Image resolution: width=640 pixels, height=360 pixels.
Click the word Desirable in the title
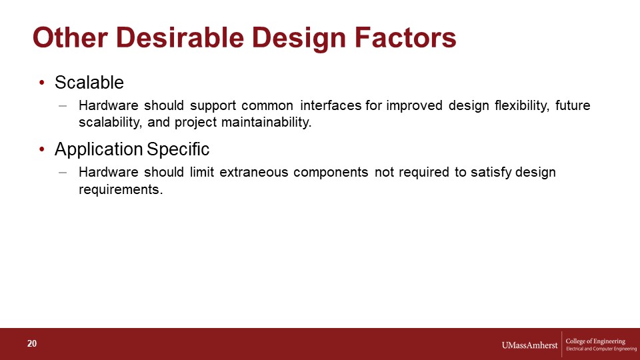coord(180,37)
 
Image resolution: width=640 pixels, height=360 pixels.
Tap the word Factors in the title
coord(405,37)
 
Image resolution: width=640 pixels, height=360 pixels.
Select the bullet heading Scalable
coord(89,83)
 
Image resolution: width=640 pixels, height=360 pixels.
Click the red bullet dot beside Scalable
coord(41,83)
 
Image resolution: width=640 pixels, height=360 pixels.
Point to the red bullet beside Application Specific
coord(41,149)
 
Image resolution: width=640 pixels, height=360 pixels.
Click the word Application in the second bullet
coord(99,149)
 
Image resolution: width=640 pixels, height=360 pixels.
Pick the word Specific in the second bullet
coord(178,149)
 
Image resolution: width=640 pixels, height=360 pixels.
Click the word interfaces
coord(331,105)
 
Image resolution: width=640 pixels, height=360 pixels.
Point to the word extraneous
coord(254,172)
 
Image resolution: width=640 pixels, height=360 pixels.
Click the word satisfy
coord(491,173)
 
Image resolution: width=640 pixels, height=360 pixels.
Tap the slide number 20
coord(32,344)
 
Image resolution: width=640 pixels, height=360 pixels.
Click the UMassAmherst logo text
coord(529,345)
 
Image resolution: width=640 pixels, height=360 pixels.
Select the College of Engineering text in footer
coord(595,341)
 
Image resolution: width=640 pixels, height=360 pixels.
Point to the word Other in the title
coord(70,37)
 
